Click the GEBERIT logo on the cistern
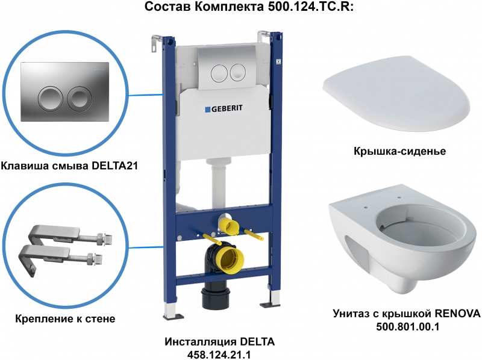coord(224,108)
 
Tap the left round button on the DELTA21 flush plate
coord(50,98)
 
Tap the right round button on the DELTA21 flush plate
coord(80,98)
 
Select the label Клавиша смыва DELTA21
coord(69,166)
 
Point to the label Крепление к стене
coord(65,318)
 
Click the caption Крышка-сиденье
coord(399,151)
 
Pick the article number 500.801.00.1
coord(408,326)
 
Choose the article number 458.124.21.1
coord(219,355)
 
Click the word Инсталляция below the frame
coord(200,341)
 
